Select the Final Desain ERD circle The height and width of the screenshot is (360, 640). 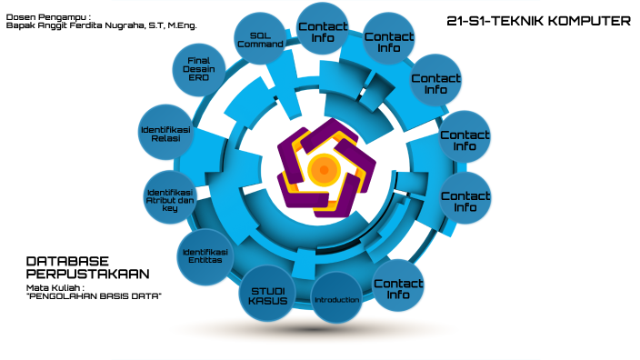click(199, 70)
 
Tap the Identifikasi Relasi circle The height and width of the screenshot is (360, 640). click(166, 134)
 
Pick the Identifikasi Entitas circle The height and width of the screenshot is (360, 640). click(204, 255)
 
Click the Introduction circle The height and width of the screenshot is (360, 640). click(336, 299)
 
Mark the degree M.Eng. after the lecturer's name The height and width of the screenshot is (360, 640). click(182, 26)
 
